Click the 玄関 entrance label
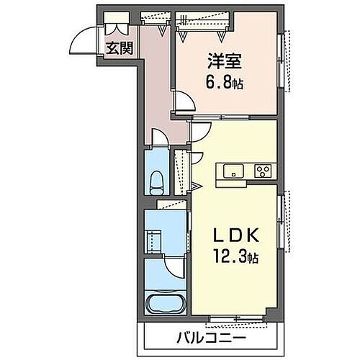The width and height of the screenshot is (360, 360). point(119,49)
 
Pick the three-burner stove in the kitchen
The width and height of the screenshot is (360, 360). point(263,171)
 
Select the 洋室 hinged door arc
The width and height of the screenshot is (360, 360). point(183,102)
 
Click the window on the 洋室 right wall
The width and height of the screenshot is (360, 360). point(285,54)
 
